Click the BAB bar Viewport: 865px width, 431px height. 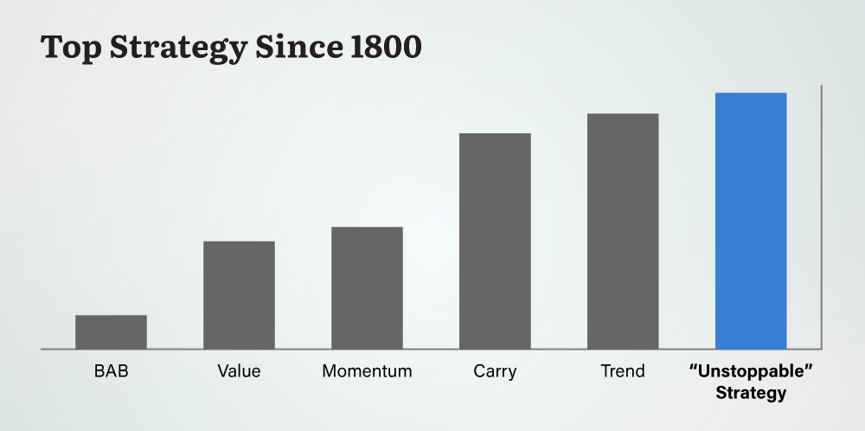point(111,332)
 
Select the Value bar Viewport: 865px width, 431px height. point(239,295)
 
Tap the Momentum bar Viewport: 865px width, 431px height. point(367,288)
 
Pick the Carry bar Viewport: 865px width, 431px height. point(495,241)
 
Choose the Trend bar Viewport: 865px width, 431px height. point(623,231)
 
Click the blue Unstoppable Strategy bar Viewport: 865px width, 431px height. point(751,221)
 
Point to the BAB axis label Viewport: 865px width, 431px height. point(111,372)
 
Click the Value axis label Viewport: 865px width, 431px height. point(239,372)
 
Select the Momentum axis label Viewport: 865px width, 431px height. point(367,372)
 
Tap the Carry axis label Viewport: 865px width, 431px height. point(495,372)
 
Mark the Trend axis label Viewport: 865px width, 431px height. point(623,371)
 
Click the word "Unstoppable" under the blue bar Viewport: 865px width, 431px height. point(751,372)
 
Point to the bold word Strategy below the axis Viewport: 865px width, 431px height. point(751,394)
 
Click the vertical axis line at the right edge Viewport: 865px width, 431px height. point(820,216)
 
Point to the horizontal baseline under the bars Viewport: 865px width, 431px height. point(432,350)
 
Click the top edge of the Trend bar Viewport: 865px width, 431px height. point(623,114)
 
